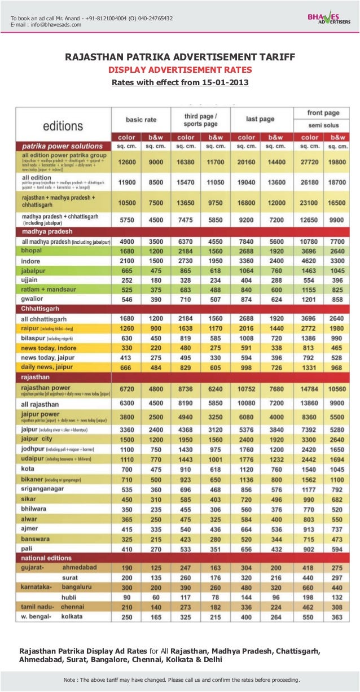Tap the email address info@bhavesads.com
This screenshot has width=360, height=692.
tap(55, 24)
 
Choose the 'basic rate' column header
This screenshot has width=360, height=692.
tap(141, 120)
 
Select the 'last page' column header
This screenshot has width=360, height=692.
tap(260, 119)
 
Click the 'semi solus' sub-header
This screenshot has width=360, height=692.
tap(323, 125)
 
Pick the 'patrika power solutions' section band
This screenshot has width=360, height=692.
tap(62, 146)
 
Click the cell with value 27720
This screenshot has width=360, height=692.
tap(308, 161)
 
